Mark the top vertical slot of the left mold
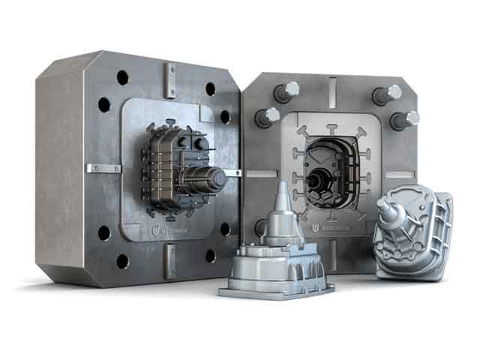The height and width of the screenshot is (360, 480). coord(172,74)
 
